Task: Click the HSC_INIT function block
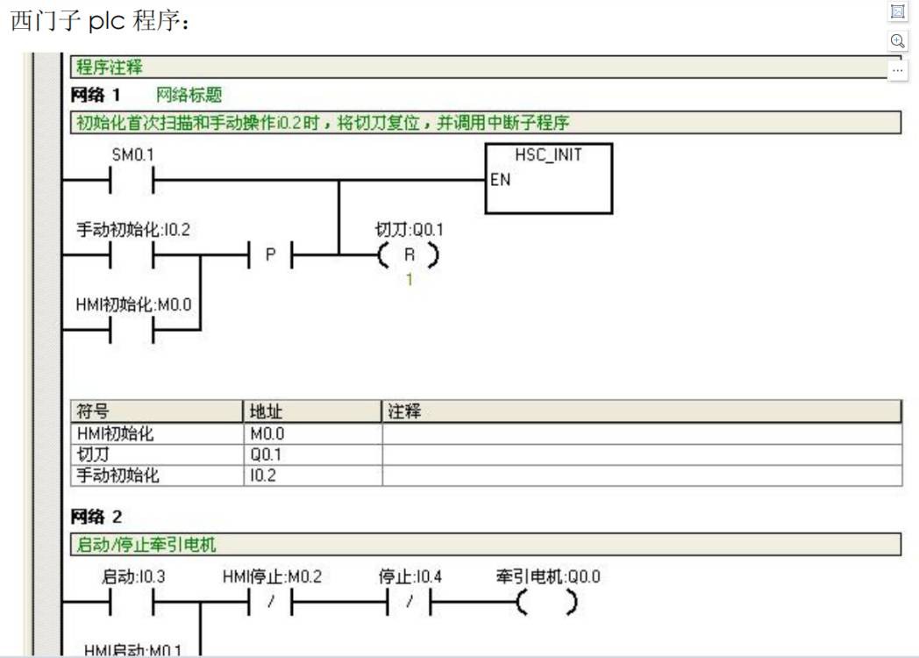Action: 548,179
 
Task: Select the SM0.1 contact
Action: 132,182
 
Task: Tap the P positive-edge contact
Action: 270,255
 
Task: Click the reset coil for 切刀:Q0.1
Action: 408,255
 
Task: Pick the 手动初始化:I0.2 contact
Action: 132,255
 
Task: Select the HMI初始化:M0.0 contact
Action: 132,329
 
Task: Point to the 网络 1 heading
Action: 96,95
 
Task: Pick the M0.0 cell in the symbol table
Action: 267,433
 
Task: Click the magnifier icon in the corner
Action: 897,40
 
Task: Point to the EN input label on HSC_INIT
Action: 501,180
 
